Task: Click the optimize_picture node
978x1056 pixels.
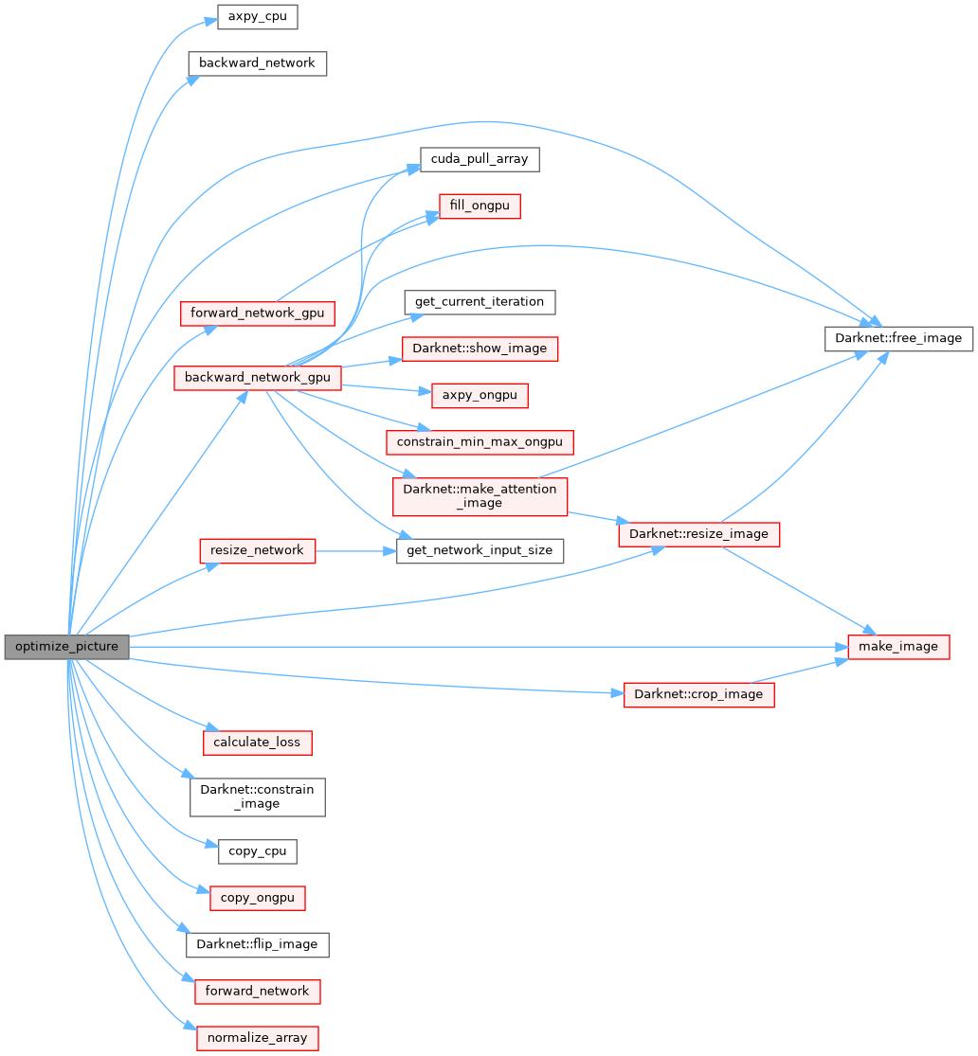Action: coord(66,647)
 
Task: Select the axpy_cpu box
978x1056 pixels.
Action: coord(257,17)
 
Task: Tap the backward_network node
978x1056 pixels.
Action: coord(257,63)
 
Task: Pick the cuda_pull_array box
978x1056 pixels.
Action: coord(480,159)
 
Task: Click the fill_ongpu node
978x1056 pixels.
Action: coord(480,206)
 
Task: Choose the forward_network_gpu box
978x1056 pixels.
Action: coord(258,312)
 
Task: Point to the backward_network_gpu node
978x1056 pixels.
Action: coord(257,377)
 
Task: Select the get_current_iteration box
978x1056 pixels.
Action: coord(480,302)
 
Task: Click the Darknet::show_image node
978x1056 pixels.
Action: coord(480,348)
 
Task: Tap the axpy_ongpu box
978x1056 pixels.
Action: coord(480,395)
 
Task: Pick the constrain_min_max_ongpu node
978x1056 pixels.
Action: coord(480,441)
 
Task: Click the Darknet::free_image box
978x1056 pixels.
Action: coord(898,338)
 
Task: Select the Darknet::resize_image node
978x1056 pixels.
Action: coord(698,534)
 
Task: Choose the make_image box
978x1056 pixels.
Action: coord(898,647)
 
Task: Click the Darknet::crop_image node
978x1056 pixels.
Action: coord(698,694)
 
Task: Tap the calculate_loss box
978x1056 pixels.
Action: coord(257,742)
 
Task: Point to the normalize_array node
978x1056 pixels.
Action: coord(257,1037)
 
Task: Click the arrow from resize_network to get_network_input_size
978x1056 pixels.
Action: coord(355,549)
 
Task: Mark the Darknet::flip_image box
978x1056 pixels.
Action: coord(257,944)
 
